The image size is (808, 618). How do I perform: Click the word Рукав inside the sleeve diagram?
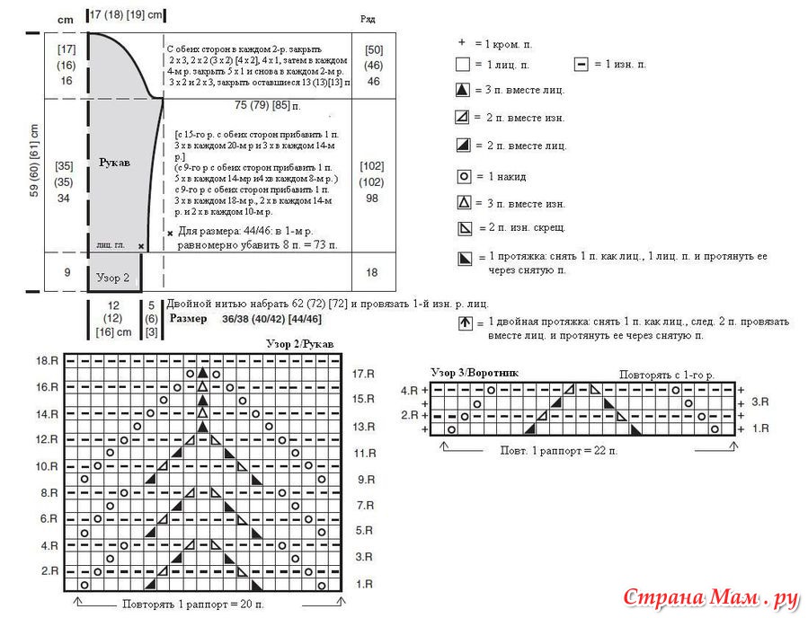[x=114, y=163]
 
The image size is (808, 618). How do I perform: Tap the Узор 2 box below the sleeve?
[x=113, y=278]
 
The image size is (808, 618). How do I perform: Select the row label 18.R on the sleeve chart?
[x=48, y=360]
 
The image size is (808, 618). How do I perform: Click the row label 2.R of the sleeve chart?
[x=50, y=571]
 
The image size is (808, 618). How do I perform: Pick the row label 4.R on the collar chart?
[x=409, y=390]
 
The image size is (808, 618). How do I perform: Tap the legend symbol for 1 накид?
[x=464, y=177]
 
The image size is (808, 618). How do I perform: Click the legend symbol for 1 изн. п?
[x=581, y=65]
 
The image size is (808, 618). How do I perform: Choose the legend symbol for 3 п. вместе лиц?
[x=464, y=90]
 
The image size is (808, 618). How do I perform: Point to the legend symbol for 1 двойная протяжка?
[x=465, y=322]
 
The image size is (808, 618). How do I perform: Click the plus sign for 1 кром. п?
[x=462, y=42]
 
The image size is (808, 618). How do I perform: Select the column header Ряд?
[x=368, y=18]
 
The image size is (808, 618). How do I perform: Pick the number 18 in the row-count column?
[x=371, y=273]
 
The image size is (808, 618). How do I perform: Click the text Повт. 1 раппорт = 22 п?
[x=558, y=449]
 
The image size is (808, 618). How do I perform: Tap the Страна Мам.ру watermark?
[x=711, y=598]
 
